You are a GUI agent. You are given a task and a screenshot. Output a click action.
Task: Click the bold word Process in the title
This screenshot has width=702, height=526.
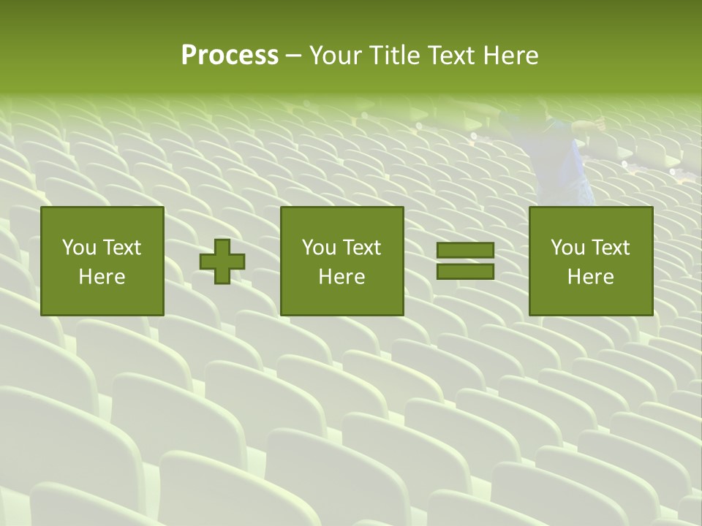[230, 56]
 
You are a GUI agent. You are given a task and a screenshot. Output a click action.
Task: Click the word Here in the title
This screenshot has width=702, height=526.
[513, 56]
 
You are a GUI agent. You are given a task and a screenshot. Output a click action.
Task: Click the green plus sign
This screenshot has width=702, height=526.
[222, 262]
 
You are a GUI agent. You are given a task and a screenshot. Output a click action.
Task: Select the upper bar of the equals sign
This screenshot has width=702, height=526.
[465, 250]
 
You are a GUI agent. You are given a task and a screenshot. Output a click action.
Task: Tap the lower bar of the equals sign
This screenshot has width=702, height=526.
[465, 272]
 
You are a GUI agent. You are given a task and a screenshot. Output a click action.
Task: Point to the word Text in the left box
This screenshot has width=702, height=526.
[121, 248]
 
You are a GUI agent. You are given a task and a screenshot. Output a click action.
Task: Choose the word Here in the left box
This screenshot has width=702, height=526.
[102, 277]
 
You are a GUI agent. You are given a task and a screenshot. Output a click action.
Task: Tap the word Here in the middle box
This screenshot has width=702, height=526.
[341, 277]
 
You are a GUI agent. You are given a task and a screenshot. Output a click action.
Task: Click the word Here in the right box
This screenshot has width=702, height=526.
[590, 277]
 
